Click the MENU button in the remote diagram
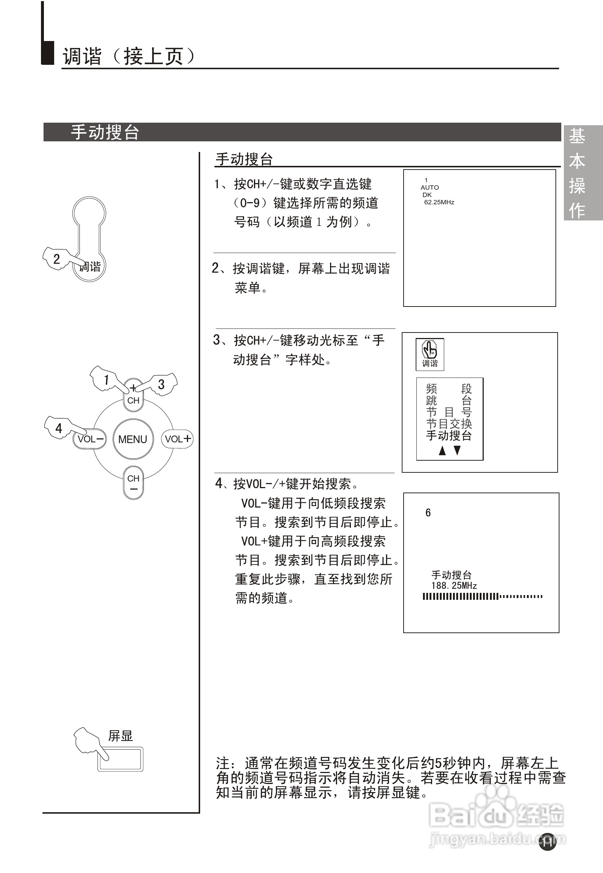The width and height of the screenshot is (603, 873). (x=133, y=439)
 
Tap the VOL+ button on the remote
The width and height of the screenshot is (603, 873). (x=177, y=439)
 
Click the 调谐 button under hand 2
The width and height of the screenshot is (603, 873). (x=90, y=267)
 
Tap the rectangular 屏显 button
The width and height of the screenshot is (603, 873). (x=120, y=759)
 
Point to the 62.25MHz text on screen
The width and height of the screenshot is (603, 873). (x=439, y=202)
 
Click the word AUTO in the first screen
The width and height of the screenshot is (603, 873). (x=430, y=187)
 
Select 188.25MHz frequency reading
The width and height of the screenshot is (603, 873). (x=454, y=586)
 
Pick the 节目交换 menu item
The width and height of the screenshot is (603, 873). (x=449, y=424)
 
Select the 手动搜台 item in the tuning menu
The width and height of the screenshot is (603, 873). (x=449, y=435)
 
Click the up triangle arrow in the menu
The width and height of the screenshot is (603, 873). (x=442, y=450)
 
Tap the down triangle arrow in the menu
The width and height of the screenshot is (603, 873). (x=457, y=450)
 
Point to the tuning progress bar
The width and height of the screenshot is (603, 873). (x=483, y=597)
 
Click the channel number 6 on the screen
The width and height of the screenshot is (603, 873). (x=428, y=513)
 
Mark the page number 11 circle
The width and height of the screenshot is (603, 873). (x=547, y=842)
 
